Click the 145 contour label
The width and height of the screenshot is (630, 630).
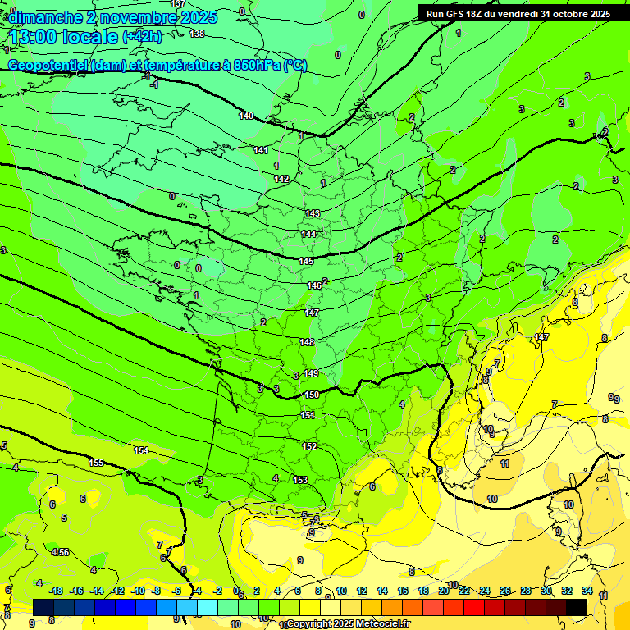[306, 261]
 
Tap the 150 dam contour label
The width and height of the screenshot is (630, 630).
[312, 395]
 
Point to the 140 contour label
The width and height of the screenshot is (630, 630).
[246, 116]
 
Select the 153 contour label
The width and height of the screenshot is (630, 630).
[300, 480]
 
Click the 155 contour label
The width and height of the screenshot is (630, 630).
[96, 463]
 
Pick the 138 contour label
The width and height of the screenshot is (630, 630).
[197, 34]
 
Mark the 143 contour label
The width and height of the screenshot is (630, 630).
[313, 213]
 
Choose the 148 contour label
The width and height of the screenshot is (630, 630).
[307, 342]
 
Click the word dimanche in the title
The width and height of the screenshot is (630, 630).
[46, 17]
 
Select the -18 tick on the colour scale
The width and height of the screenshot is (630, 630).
[56, 591]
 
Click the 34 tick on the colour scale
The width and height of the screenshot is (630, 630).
[587, 591]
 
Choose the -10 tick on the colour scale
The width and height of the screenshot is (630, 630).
[138, 591]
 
